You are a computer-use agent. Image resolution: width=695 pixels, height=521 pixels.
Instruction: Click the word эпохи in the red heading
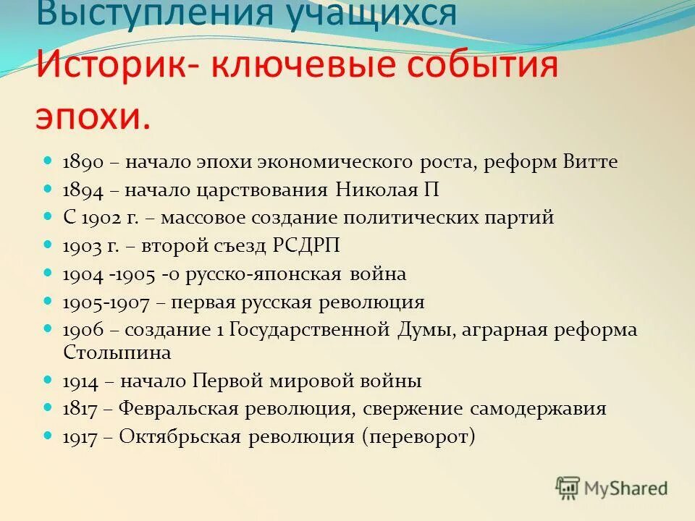pyautogui.click(x=93, y=116)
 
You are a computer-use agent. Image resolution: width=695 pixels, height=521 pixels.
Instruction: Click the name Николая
pyautogui.click(x=376, y=190)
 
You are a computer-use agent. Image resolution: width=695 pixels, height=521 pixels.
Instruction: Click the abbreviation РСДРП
pyautogui.click(x=306, y=246)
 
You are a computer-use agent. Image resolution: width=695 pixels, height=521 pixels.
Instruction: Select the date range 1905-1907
pyautogui.click(x=106, y=302)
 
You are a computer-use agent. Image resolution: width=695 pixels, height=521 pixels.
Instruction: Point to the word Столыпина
pyautogui.click(x=117, y=352)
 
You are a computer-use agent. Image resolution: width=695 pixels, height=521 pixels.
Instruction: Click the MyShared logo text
pyautogui.click(x=625, y=488)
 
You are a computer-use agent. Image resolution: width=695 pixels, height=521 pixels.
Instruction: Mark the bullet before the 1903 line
pyautogui.click(x=49, y=246)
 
